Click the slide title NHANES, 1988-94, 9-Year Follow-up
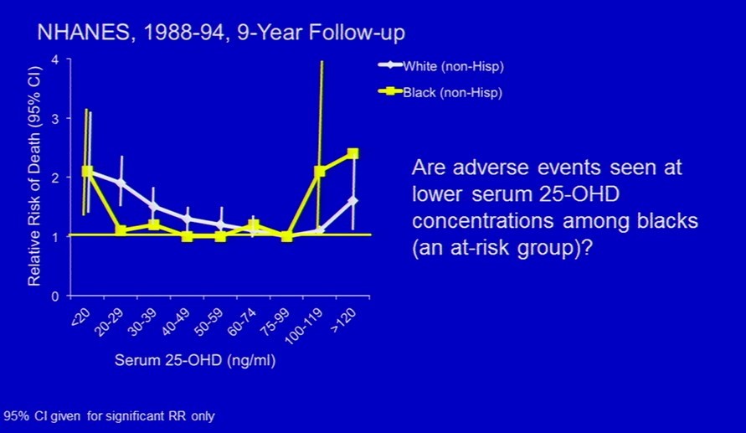click(x=221, y=33)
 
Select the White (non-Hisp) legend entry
click(x=441, y=65)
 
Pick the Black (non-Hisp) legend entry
click(x=440, y=92)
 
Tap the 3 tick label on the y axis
click(x=55, y=118)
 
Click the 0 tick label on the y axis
click(x=55, y=296)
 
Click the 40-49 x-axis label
click(x=176, y=322)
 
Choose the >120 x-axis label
click(x=342, y=320)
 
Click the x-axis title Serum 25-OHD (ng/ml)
click(x=195, y=360)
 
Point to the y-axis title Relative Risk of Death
click(x=34, y=176)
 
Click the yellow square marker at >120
click(x=352, y=153)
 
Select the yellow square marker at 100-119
click(x=319, y=171)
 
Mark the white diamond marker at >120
click(x=352, y=201)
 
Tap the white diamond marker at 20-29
click(x=121, y=183)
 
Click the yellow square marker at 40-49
click(x=187, y=236)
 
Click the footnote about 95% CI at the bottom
click(x=109, y=416)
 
